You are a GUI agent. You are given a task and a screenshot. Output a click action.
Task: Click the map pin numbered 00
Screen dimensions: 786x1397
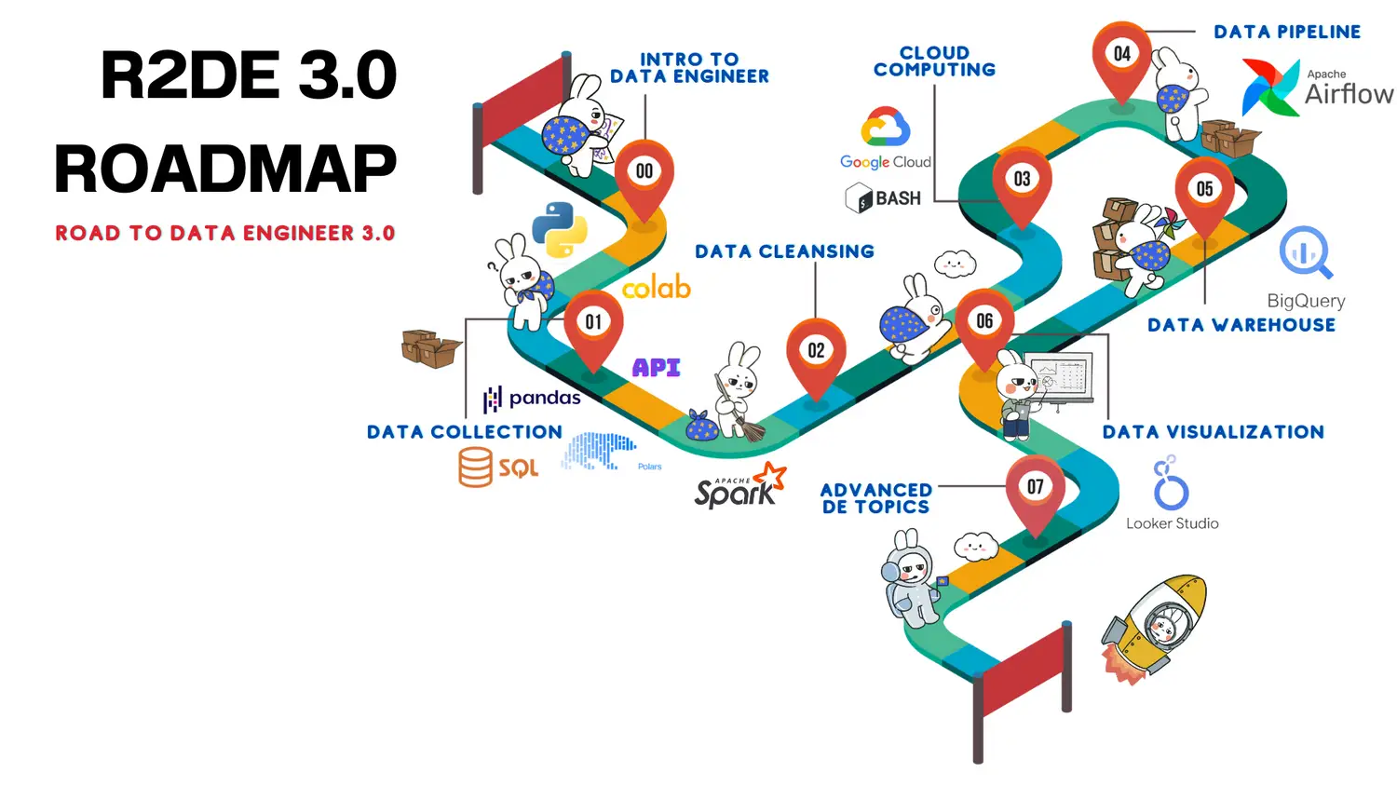tap(644, 173)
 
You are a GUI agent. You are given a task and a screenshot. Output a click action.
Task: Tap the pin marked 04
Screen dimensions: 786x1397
tap(1121, 56)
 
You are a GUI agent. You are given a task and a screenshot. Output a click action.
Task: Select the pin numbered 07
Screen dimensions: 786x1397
tap(1035, 488)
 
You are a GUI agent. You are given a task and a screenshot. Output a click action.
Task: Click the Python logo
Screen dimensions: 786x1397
tap(560, 229)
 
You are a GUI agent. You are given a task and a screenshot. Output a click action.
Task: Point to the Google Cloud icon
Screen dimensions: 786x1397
tap(885, 128)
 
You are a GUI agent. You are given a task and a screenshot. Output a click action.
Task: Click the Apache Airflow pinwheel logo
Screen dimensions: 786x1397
tap(1269, 88)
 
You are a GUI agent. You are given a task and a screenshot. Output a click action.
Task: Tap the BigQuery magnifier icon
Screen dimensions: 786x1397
tap(1306, 251)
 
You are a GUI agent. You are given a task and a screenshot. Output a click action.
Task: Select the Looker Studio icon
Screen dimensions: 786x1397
tap(1170, 483)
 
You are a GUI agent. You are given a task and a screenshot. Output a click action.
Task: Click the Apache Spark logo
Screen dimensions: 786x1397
tap(739, 486)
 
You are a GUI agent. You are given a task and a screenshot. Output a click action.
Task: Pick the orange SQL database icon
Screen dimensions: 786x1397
tap(475, 467)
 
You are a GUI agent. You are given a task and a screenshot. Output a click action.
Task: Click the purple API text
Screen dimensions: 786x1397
tap(657, 368)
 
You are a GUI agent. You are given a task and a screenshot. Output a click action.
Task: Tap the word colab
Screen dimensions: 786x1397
tap(657, 288)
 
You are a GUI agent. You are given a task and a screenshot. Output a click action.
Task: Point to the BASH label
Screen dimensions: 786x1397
tap(897, 198)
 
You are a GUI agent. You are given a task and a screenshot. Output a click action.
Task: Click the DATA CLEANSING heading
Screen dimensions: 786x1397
tap(784, 251)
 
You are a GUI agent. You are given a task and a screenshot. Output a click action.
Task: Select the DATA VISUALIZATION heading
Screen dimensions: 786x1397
tap(1213, 432)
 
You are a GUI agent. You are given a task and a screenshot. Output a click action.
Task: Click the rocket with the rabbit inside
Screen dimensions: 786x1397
tap(1155, 627)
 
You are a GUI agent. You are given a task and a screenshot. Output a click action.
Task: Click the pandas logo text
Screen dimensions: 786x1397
tap(544, 398)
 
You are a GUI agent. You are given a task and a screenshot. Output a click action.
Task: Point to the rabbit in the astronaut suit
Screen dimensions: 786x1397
tap(910, 579)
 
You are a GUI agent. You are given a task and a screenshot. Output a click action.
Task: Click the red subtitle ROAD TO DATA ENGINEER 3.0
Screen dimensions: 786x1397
tap(225, 233)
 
